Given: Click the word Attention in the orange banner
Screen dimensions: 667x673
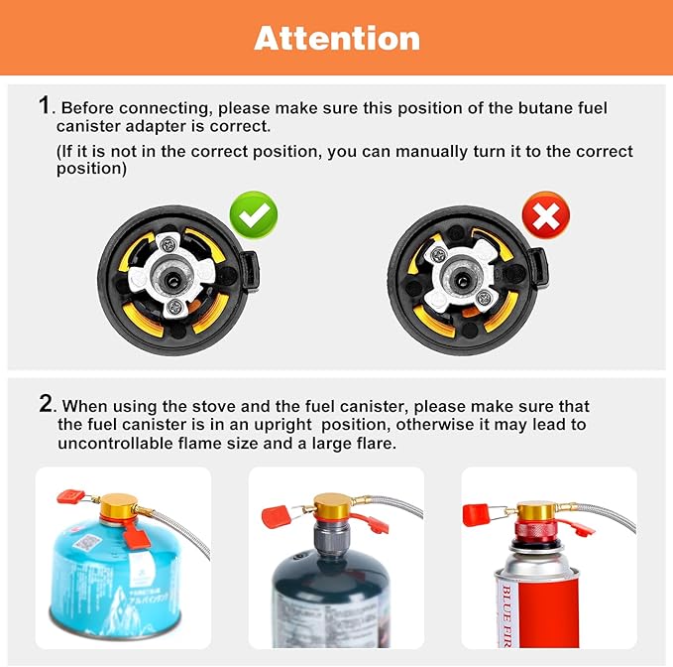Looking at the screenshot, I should click(x=337, y=39).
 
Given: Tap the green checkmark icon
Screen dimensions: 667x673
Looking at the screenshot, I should click(x=254, y=214).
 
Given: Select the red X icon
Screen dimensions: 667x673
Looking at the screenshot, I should click(x=546, y=214).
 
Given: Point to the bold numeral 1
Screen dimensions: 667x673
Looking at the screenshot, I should click(x=45, y=105).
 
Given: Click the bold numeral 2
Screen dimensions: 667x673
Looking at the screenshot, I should click(x=46, y=404).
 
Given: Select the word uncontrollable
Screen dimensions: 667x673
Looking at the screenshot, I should click(x=116, y=444).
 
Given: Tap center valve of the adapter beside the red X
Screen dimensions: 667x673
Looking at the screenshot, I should click(x=464, y=268).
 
